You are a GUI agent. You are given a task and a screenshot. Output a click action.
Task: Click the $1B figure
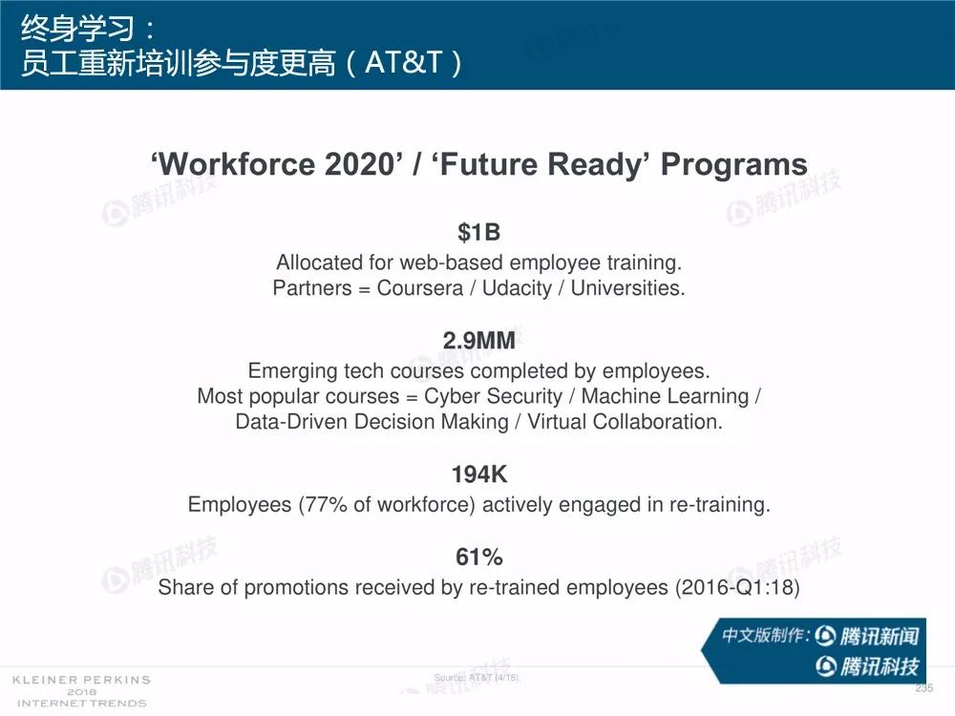[478, 233]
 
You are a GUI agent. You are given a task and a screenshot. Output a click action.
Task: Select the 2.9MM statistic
[478, 341]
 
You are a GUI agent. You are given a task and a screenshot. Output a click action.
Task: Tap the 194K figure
[478, 474]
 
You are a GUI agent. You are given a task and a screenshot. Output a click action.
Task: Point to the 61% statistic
[478, 557]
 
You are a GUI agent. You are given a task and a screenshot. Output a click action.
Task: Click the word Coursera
[419, 288]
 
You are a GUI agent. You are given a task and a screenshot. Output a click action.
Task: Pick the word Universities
[627, 288]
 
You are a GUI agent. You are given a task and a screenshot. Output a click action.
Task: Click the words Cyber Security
[494, 396]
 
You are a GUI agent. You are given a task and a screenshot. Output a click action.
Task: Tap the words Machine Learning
[665, 396]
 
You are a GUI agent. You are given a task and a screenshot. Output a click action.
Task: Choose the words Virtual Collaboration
[625, 421]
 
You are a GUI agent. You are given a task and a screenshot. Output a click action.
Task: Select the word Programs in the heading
[733, 165]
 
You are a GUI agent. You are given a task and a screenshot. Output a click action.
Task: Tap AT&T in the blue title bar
[403, 62]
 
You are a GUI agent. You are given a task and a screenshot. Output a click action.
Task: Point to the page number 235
[923, 688]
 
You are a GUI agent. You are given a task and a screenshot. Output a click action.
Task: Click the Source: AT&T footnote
[477, 678]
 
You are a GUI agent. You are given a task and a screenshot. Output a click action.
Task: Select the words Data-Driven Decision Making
[371, 422]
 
